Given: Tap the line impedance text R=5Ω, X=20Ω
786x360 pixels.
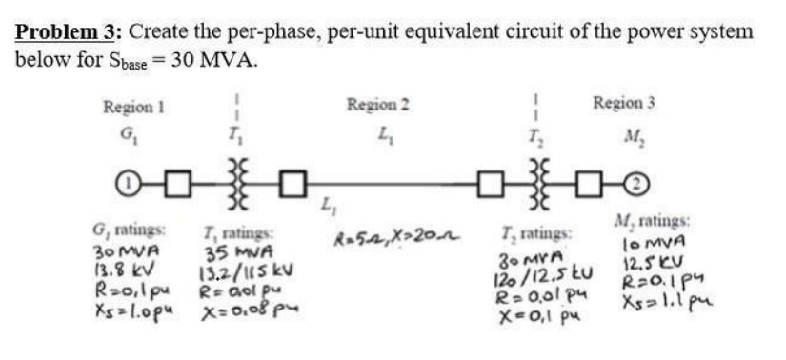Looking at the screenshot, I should [x=391, y=239].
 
